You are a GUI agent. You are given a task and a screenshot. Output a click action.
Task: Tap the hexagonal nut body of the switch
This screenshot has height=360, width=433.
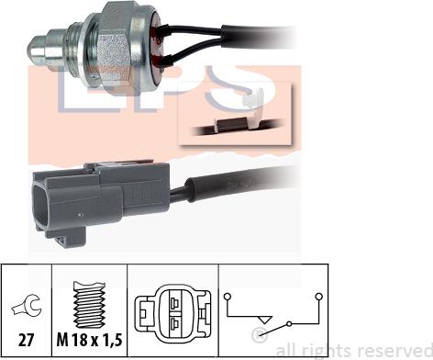coord(114,46)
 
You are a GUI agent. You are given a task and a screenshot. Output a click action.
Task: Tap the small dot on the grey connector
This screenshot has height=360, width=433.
coord(81,215)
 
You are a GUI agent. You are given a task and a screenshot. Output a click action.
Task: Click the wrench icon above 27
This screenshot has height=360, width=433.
coord(27,306)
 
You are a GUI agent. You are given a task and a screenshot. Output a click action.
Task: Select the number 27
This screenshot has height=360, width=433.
coord(27,340)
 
